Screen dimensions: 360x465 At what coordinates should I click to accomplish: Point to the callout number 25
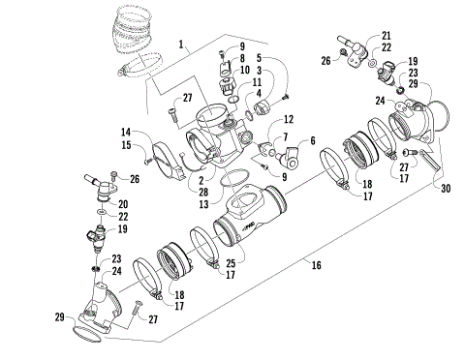click(229, 261)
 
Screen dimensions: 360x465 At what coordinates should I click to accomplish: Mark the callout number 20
click(312, 140)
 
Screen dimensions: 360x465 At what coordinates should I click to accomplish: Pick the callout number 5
click(240, 59)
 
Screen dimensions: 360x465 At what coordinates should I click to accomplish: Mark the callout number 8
click(240, 59)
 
